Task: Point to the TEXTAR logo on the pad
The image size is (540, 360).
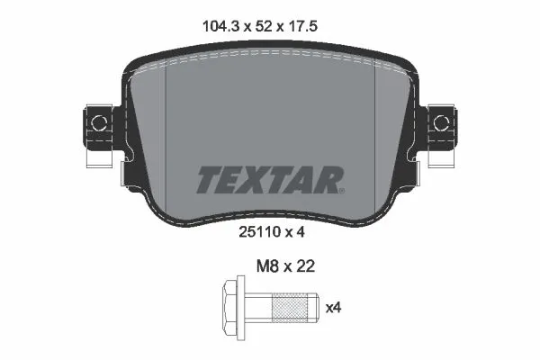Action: coord(269,179)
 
